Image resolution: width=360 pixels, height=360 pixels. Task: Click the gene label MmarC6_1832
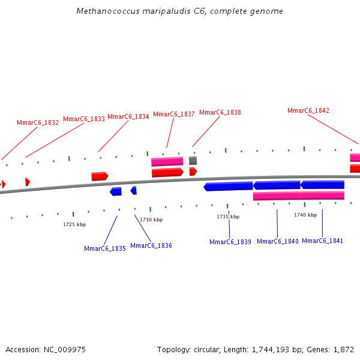(x=38, y=122)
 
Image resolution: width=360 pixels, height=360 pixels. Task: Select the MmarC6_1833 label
(x=84, y=119)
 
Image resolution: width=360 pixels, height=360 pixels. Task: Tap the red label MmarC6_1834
(x=128, y=116)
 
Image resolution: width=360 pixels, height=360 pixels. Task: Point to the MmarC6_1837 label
(x=174, y=114)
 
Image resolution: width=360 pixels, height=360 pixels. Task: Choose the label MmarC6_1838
(x=220, y=112)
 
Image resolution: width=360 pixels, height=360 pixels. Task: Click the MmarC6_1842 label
(x=308, y=110)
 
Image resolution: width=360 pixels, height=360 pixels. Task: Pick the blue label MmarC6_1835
(x=105, y=248)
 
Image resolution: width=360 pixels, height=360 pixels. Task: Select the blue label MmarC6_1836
(x=151, y=245)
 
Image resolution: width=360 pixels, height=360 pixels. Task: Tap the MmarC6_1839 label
(x=230, y=242)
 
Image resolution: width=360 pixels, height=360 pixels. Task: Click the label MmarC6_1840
(x=278, y=241)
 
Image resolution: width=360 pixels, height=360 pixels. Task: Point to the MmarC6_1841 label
(x=323, y=241)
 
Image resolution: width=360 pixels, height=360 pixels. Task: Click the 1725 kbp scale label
(x=74, y=224)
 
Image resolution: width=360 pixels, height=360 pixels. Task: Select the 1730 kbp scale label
(x=151, y=220)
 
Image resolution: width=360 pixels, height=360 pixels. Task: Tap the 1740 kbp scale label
(x=305, y=215)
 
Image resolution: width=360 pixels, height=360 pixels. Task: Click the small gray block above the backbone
(x=193, y=161)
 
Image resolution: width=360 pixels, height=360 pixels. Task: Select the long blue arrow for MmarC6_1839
(x=229, y=187)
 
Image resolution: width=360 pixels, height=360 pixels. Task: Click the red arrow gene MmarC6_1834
(x=100, y=176)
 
